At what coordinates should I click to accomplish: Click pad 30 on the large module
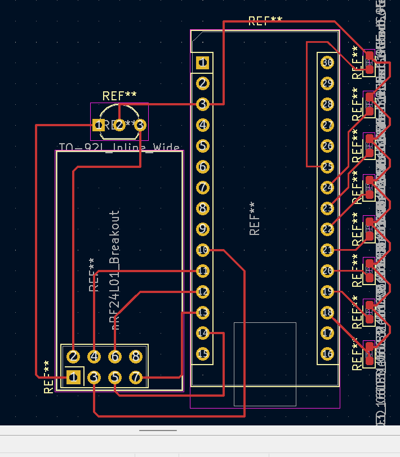point(327,62)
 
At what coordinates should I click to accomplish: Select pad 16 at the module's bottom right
point(327,354)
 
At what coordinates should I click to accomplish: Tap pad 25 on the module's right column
point(327,166)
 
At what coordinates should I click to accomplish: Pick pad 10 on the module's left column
point(203,250)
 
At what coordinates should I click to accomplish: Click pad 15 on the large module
point(203,354)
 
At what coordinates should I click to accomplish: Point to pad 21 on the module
point(327,250)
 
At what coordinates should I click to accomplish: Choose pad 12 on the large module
point(203,291)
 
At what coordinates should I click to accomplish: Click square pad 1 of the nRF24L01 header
point(73,377)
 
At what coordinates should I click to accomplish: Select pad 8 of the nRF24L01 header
point(136,356)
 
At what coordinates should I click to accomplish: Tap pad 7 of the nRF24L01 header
point(136,377)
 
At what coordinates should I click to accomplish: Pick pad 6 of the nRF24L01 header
point(115,356)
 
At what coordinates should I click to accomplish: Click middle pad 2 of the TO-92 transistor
point(119,125)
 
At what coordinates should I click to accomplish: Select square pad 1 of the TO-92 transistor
point(99,125)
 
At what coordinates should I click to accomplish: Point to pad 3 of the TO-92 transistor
point(140,125)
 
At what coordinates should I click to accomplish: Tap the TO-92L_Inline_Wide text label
point(119,149)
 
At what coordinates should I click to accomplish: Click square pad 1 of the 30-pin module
point(203,62)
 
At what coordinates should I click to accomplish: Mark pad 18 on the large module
point(327,312)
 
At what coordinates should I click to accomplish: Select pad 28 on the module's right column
point(327,104)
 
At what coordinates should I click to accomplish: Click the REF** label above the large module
point(265,21)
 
